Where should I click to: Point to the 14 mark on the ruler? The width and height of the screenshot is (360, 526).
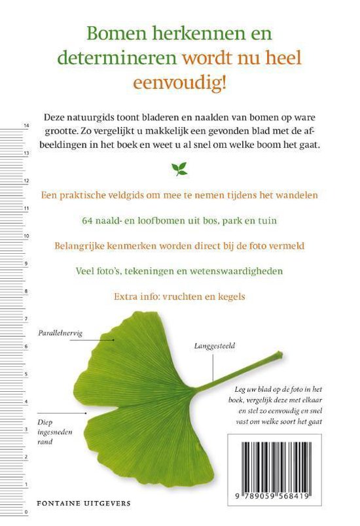(x=26, y=126)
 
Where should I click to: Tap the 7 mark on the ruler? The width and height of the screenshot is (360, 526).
(x=26, y=319)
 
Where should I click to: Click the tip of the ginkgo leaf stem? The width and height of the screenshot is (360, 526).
(x=281, y=355)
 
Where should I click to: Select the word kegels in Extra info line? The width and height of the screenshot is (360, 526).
(x=230, y=296)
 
